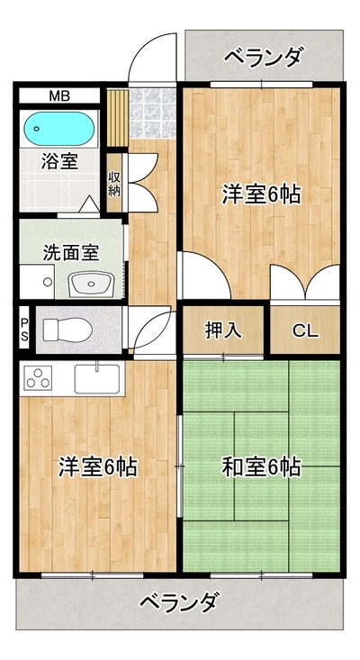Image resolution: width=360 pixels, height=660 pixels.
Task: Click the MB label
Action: tap(59, 96)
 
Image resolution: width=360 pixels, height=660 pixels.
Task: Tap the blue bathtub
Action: tap(58, 129)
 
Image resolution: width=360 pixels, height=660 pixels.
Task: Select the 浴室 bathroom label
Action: tap(59, 162)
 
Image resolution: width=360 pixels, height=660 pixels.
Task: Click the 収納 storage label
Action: tap(114, 183)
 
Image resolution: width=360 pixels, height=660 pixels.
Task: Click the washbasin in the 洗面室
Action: tap(92, 285)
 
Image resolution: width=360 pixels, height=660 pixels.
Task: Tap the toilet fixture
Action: tap(68, 330)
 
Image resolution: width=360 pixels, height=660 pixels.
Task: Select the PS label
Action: tap(25, 330)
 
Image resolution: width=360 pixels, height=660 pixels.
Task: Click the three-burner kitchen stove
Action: tap(39, 378)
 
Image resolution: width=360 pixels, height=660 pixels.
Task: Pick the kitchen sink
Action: tap(97, 379)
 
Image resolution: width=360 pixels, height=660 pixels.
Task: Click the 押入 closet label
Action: tap(223, 330)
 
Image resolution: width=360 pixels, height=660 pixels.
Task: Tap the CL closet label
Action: tap(305, 330)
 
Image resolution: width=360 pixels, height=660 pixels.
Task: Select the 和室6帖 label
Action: tap(261, 466)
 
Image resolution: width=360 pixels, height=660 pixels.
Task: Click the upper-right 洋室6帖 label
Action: tap(261, 194)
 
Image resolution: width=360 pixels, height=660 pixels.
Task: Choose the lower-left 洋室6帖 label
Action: tap(98, 466)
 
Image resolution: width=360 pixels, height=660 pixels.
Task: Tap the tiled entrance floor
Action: tap(152, 113)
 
